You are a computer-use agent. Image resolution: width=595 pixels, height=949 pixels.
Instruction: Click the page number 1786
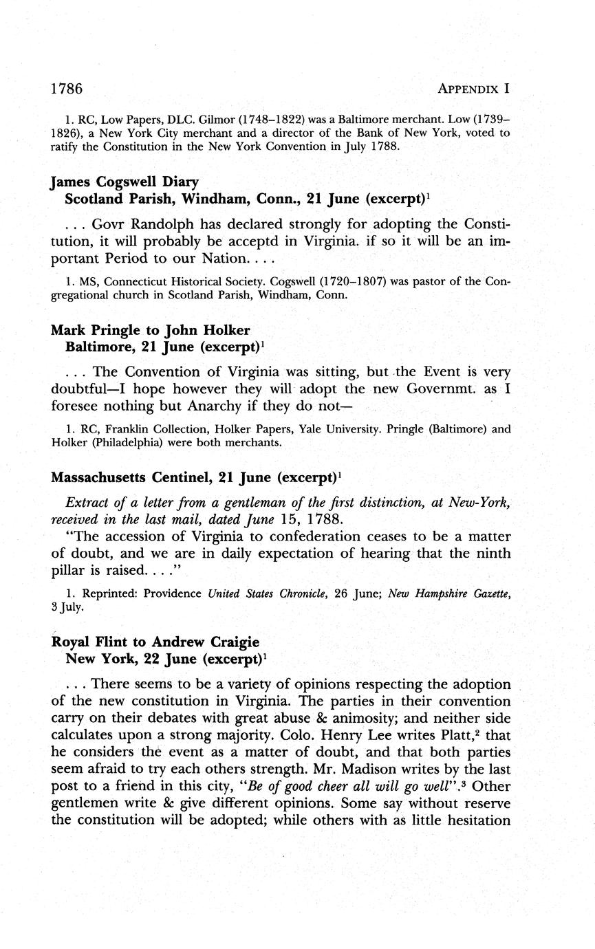click(x=67, y=89)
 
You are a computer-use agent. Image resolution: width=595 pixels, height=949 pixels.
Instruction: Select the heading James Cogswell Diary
click(x=125, y=182)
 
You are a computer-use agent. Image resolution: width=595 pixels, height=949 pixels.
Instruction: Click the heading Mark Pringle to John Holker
click(x=150, y=330)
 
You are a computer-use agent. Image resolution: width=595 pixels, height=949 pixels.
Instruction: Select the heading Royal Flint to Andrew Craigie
click(x=155, y=642)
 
